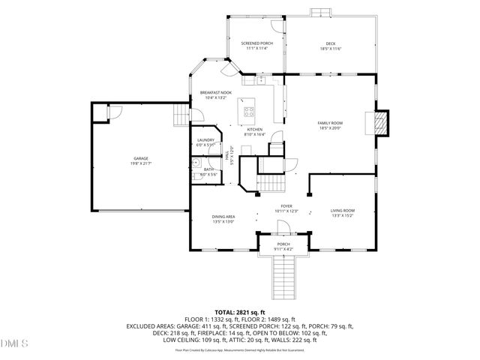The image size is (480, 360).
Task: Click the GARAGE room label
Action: point(141,158)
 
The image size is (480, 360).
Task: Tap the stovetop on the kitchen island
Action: point(248,114)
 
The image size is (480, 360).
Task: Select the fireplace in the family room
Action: point(382,123)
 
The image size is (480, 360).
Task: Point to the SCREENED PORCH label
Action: point(256,44)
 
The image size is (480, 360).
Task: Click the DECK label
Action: point(331,44)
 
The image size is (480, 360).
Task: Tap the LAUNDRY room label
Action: point(206,139)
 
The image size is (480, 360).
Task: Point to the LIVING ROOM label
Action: point(343,211)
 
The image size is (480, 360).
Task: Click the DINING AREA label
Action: point(223,217)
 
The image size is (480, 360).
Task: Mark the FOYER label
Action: point(286,206)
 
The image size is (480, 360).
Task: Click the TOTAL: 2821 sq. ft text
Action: point(240,312)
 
